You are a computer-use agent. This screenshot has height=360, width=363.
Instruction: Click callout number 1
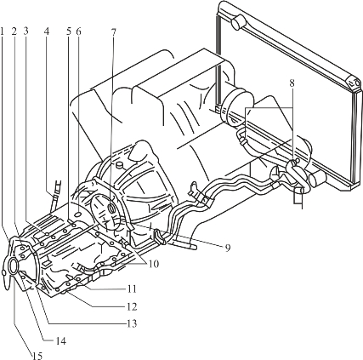click(3, 31)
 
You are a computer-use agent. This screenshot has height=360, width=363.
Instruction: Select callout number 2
click(14, 31)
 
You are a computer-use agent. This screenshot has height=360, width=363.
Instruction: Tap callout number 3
click(26, 31)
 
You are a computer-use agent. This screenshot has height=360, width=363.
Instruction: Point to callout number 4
click(47, 31)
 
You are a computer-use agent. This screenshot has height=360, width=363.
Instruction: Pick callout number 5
click(69, 31)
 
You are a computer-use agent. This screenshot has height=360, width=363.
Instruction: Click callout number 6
click(78, 31)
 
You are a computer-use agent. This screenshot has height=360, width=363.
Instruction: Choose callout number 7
click(113, 32)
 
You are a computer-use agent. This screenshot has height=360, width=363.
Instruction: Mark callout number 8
click(292, 83)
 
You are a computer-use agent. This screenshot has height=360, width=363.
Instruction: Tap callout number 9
click(228, 248)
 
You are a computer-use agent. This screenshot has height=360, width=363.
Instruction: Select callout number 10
click(153, 264)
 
